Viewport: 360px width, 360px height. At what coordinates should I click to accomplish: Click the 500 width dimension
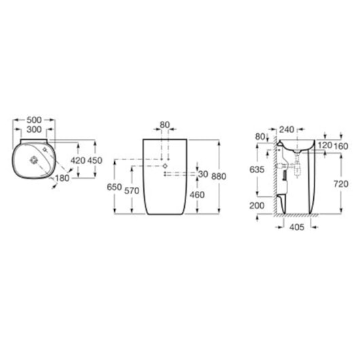click(34, 120)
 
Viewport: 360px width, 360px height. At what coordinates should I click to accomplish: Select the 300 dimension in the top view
click(34, 130)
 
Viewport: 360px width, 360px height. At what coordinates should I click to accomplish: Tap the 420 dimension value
click(78, 160)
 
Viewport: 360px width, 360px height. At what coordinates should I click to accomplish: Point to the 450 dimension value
click(94, 160)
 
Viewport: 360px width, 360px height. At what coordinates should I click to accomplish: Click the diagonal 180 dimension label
click(62, 178)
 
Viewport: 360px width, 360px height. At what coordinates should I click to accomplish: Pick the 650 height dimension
click(114, 187)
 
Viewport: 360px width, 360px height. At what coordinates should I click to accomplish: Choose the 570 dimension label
click(132, 191)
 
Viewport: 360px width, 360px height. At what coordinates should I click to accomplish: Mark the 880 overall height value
click(219, 177)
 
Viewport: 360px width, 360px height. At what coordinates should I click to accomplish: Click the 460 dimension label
click(197, 195)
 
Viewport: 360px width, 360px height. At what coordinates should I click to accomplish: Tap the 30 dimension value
click(203, 174)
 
